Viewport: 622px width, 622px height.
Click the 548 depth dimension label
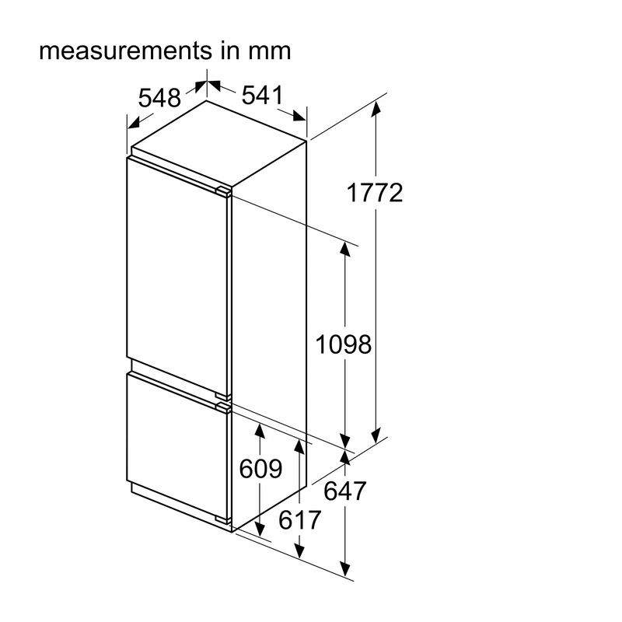click(x=159, y=98)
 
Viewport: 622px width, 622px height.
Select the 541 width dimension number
click(x=263, y=95)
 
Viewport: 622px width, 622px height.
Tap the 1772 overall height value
click(x=375, y=193)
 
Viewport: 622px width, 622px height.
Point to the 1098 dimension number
click(x=343, y=344)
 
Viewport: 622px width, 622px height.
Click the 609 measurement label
click(x=260, y=469)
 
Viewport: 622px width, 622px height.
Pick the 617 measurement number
click(x=299, y=520)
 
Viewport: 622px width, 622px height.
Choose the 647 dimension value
click(x=344, y=491)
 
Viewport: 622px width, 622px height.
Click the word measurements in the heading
click(x=126, y=51)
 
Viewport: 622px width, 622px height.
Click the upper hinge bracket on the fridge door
click(x=223, y=191)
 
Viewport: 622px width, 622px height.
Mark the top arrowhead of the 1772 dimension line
click(x=376, y=109)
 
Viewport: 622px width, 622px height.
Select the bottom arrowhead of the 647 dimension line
click(x=345, y=568)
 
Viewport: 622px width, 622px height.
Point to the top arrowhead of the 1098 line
click(x=345, y=249)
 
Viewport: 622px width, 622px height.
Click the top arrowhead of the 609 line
click(x=260, y=432)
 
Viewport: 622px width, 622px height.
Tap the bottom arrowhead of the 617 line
click(x=299, y=550)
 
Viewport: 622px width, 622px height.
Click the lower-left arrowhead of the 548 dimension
click(x=134, y=123)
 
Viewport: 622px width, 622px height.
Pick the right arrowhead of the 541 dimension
click(x=299, y=116)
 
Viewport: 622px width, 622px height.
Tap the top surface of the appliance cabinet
click(x=219, y=142)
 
